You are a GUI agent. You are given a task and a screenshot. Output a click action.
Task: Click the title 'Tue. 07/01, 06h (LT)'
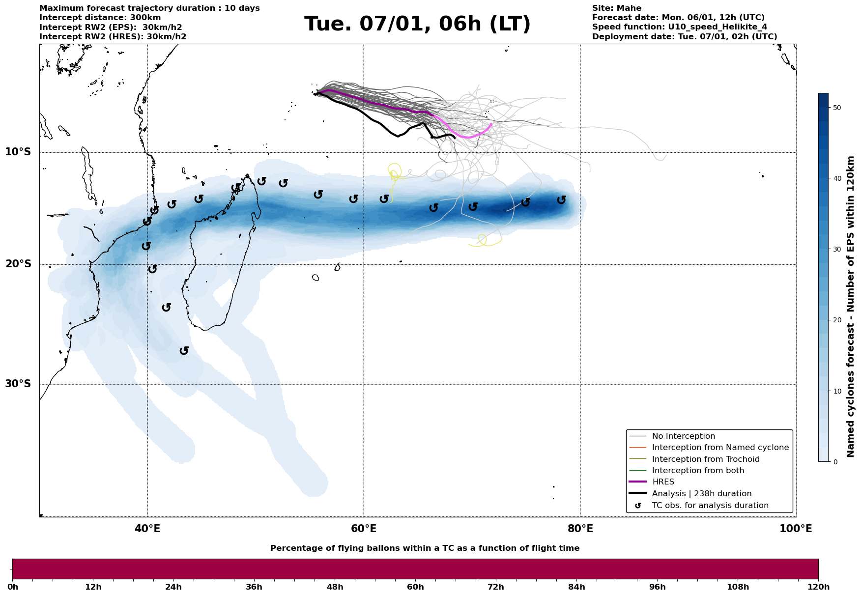(x=417, y=24)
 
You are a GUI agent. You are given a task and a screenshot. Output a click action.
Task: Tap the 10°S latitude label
(x=18, y=152)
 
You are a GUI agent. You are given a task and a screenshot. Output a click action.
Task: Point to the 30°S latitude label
(x=18, y=384)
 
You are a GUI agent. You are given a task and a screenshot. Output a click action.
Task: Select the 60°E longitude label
(x=364, y=529)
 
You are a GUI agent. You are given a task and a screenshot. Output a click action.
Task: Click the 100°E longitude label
(x=796, y=529)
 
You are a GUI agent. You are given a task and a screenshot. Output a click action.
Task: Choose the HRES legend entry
(x=663, y=482)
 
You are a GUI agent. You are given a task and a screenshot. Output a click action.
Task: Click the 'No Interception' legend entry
(x=683, y=436)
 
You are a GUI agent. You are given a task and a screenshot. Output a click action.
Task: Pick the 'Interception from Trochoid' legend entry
(x=705, y=459)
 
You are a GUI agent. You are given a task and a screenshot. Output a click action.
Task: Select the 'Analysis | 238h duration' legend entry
(x=701, y=494)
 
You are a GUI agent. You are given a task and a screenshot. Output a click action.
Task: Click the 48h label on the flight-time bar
(x=335, y=587)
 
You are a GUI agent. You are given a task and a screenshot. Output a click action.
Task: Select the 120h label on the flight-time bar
(x=818, y=587)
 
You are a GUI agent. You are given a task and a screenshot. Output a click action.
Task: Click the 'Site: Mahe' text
(x=616, y=8)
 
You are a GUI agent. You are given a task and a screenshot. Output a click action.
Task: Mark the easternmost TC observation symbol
(x=562, y=200)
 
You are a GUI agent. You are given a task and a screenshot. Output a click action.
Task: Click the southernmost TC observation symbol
(x=184, y=351)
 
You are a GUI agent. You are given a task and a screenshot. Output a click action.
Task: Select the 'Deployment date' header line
(x=684, y=37)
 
